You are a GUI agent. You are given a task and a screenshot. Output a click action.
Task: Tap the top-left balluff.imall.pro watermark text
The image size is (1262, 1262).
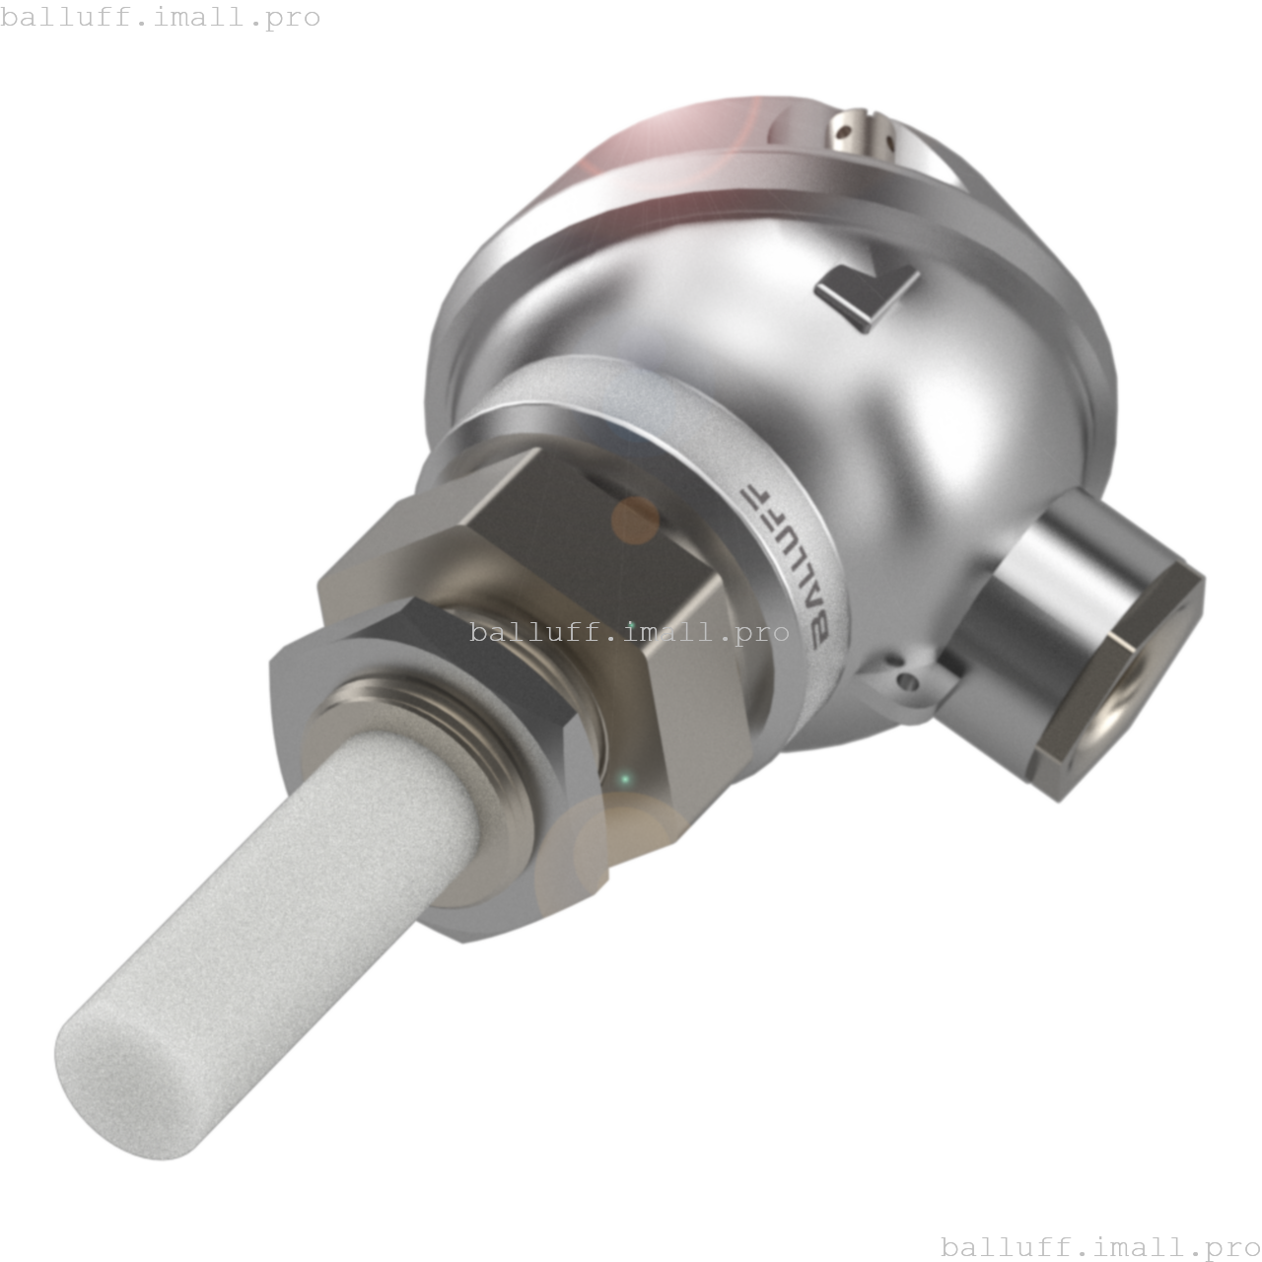[160, 17]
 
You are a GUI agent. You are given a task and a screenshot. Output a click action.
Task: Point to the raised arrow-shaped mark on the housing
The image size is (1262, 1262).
[867, 294]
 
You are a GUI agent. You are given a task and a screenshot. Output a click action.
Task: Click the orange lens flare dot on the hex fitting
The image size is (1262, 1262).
[634, 521]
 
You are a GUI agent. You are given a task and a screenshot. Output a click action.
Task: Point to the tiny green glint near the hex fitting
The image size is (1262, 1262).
[624, 780]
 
